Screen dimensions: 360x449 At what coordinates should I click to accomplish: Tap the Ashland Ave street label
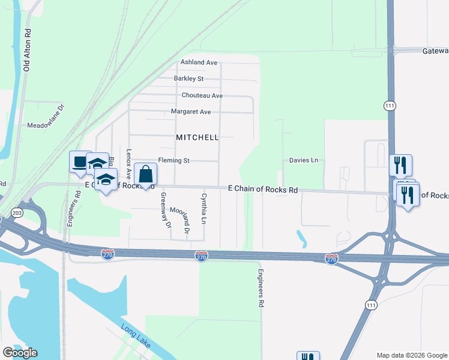(199, 62)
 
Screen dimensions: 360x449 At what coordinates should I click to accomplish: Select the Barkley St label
(189, 79)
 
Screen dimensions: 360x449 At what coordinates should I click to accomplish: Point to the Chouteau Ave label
(202, 95)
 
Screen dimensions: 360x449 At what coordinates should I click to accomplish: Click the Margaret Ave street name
(191, 112)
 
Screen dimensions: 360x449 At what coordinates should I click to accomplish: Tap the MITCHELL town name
(197, 137)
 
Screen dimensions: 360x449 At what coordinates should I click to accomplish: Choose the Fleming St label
(173, 161)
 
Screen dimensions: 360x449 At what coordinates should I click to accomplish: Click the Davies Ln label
(304, 161)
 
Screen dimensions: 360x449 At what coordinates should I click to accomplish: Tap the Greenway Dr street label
(164, 211)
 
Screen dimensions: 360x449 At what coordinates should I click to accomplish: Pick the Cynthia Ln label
(204, 208)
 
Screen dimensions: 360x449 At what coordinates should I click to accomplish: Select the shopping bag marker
(145, 175)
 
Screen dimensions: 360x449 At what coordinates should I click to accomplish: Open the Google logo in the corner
(20, 353)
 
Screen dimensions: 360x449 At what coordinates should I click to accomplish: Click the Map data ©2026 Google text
(411, 355)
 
